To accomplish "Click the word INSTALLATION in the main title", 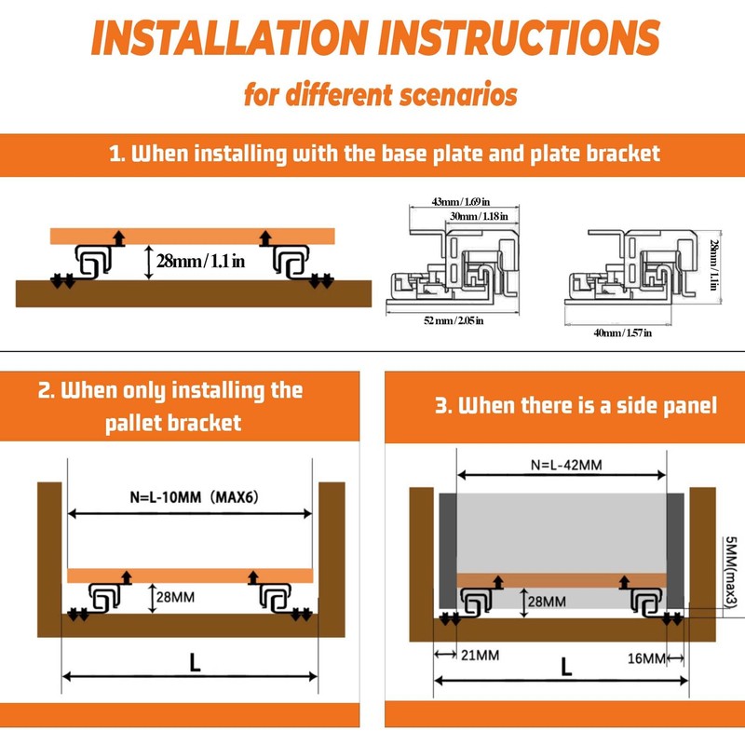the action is (229, 38).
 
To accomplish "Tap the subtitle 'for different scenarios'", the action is (381, 94).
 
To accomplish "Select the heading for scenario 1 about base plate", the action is (385, 154).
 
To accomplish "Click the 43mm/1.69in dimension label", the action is (460, 202).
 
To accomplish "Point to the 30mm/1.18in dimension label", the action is (479, 216).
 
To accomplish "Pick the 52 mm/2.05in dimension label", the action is (454, 320).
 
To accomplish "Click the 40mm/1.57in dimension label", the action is (622, 332).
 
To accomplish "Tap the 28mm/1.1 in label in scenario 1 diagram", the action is (200, 261).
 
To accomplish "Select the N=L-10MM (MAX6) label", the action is (195, 497).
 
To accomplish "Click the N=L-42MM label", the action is (566, 465).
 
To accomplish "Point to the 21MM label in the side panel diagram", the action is (480, 656).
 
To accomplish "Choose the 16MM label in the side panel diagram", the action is (646, 658).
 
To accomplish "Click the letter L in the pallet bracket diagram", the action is (195, 662).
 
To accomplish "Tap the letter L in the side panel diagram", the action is (566, 667).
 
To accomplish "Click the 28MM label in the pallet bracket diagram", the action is (175, 597).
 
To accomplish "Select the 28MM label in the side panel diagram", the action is (547, 602).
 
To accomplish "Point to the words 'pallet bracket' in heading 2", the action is (173, 423).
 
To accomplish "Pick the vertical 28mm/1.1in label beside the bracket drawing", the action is (713, 265).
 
